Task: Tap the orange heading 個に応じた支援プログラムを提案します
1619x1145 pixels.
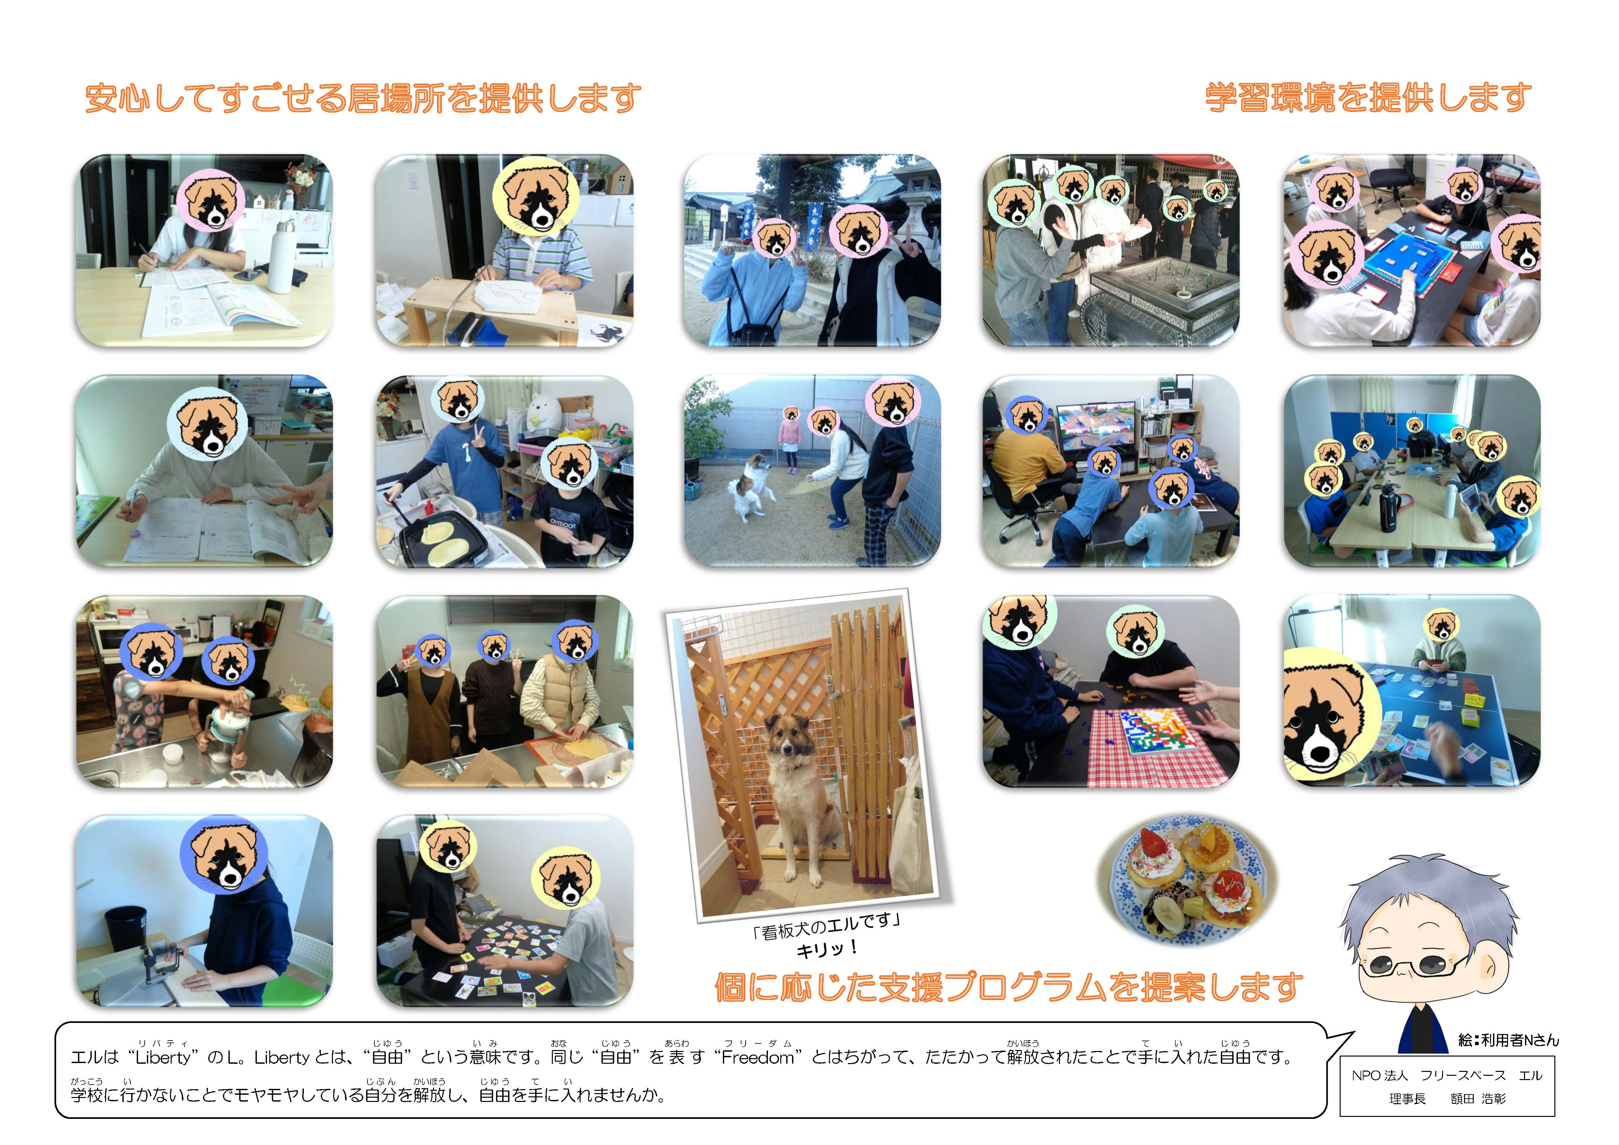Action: [x=1008, y=986]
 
